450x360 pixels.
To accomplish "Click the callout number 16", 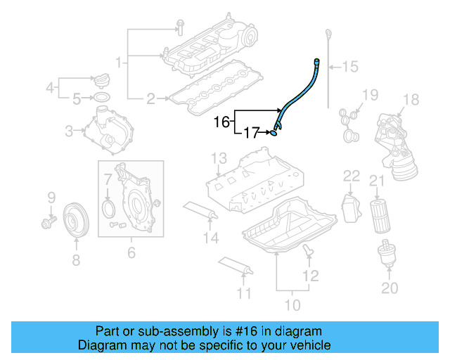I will pos(221,122).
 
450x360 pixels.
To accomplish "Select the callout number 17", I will pos(252,131).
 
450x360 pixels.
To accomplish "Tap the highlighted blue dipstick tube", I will pos(299,92).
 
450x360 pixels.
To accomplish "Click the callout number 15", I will pos(349,67).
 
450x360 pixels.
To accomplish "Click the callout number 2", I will pos(150,99).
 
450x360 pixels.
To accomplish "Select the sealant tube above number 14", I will pos(200,210).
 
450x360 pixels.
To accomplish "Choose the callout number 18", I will pos(411,99).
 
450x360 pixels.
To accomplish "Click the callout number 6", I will pos(131,252).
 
